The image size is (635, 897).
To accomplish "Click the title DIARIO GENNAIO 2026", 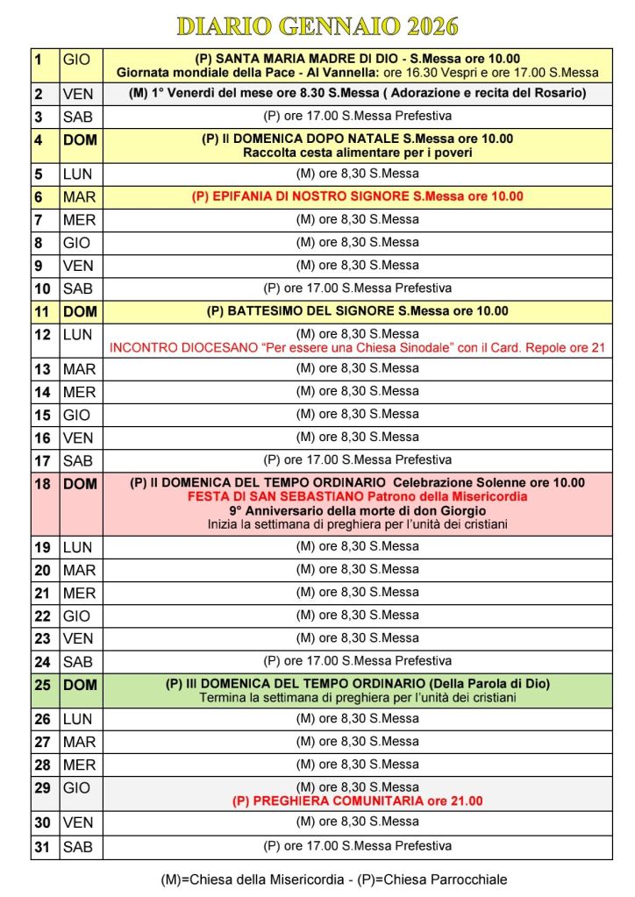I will (317, 26).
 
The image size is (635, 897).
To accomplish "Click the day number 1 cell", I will (44, 65).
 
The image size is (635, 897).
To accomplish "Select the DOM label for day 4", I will (80, 140).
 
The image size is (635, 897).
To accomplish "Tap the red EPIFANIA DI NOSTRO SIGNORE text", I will (357, 196).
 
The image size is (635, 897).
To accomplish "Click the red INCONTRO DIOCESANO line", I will (357, 347).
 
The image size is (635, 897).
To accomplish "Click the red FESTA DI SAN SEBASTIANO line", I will (357, 496).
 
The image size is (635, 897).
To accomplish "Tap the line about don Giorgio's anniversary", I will (357, 510).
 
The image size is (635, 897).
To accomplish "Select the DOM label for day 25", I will (80, 685).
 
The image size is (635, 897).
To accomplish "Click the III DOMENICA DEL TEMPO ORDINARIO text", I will (357, 684).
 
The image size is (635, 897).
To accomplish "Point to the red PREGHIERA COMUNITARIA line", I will (357, 801).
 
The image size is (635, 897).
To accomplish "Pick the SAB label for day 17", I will (78, 460).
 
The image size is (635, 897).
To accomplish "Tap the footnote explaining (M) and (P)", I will (333, 879).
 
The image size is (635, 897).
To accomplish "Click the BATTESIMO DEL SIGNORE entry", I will (357, 310).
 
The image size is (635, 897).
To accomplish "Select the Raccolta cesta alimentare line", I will (357, 153).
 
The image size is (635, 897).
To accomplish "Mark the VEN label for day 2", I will (78, 94).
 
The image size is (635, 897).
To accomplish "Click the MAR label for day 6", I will (79, 197).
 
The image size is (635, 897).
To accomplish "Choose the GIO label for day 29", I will (76, 788).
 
